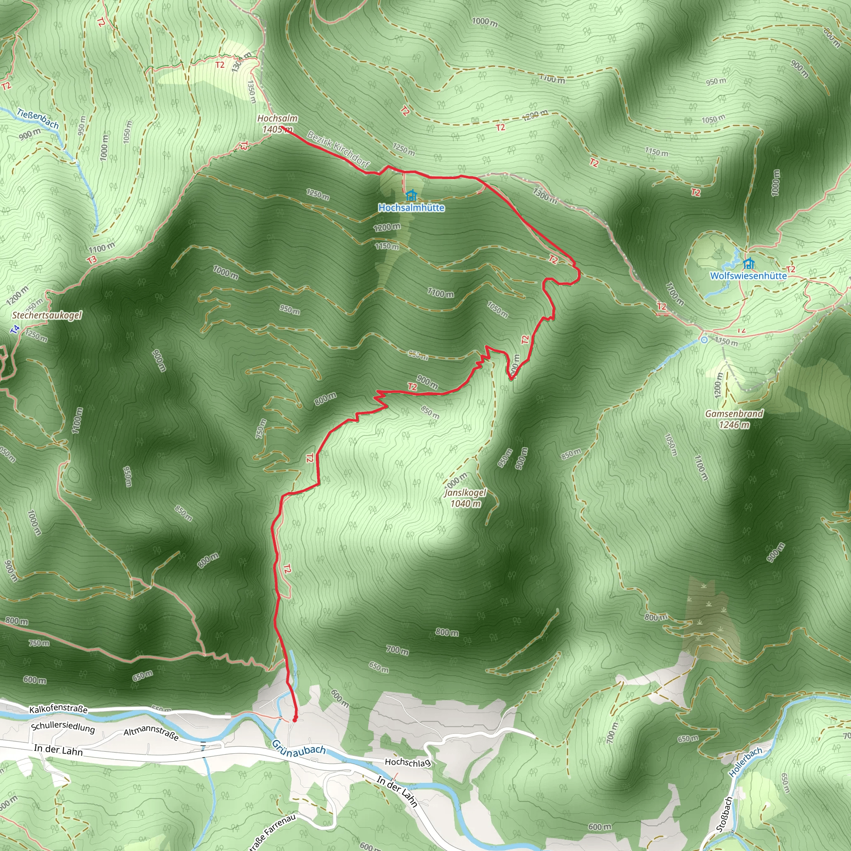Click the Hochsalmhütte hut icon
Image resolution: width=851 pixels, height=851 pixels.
pos(411,195)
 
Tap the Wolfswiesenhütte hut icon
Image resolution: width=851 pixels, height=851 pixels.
pos(748,264)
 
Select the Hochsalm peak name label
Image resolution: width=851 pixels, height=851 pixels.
pos(277,118)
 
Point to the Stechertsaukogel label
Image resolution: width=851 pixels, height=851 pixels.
pos(47,315)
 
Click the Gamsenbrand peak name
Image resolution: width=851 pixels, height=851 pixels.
pos(734,413)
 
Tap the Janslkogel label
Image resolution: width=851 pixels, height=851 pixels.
pos(465,493)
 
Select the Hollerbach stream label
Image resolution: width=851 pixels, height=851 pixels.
pos(745,762)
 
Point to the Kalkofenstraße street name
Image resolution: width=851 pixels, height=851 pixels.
pos(58,709)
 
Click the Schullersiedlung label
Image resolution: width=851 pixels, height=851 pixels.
pos(63,727)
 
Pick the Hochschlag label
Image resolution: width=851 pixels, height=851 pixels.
pos(408,762)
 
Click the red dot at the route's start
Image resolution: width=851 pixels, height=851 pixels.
pos(295,719)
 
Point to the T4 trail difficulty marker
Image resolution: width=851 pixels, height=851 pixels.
pos(15,329)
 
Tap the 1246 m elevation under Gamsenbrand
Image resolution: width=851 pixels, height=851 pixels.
pos(734,425)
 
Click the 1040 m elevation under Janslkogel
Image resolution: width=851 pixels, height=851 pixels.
pos(465,504)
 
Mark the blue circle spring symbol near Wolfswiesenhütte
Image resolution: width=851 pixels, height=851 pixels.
pos(704,339)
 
